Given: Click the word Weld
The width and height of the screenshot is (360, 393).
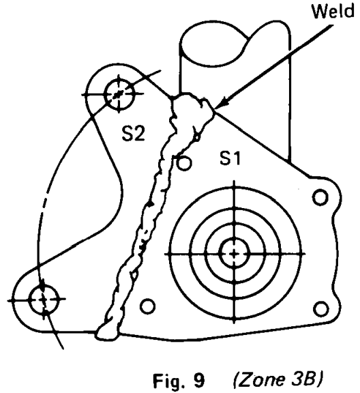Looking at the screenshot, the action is [x=333, y=11].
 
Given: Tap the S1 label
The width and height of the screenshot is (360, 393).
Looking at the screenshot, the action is [x=230, y=158].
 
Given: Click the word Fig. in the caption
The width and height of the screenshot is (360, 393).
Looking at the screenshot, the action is [x=169, y=380].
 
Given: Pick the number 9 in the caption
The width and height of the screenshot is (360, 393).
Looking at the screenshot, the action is [x=199, y=381].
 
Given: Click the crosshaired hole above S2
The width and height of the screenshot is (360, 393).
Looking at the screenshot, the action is [x=119, y=94].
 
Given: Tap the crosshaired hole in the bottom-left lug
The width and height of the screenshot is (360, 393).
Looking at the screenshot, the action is [x=44, y=299].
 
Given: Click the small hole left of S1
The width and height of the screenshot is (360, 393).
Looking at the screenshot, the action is [x=184, y=163].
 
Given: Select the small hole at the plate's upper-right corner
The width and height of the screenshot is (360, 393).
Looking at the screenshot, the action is [x=320, y=197].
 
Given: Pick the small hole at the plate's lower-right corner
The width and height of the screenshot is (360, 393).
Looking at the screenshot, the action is [x=321, y=309].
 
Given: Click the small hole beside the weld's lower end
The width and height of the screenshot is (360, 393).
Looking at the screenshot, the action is [x=147, y=306].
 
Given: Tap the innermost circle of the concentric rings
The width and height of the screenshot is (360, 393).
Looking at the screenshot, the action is [x=235, y=253].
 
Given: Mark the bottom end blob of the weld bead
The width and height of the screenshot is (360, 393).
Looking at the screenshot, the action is [x=106, y=333].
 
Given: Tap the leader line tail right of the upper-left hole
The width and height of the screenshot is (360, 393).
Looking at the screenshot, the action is [x=147, y=77].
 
